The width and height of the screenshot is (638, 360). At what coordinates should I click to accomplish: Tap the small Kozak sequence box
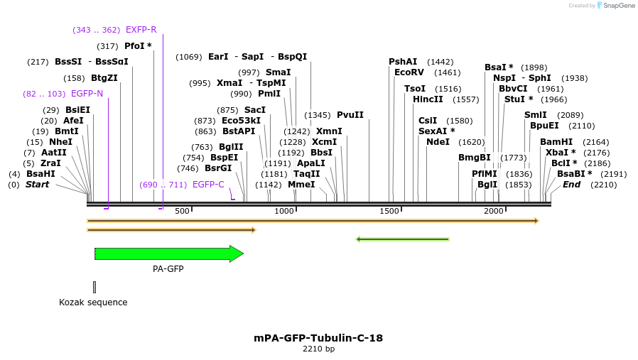[x=94, y=287]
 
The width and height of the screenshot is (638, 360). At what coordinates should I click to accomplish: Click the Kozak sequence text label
[x=93, y=302]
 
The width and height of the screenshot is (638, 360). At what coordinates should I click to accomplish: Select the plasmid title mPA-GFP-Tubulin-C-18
[x=318, y=338]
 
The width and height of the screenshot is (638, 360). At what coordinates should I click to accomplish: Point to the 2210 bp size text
[x=318, y=349]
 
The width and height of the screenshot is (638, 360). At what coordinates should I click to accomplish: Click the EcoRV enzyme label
[x=409, y=72]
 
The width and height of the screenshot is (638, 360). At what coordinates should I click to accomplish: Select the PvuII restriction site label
[x=350, y=115]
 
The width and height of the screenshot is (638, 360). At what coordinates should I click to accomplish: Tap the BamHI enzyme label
[x=556, y=142]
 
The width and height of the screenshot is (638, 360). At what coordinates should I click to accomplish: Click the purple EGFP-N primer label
[x=87, y=93]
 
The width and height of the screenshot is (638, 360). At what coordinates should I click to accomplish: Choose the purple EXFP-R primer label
[x=141, y=30]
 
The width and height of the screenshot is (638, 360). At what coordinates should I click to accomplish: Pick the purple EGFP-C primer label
[x=208, y=185]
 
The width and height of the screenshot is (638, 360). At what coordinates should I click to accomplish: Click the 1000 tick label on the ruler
[x=284, y=211]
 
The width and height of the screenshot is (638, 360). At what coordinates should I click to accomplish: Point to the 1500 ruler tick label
[x=389, y=211]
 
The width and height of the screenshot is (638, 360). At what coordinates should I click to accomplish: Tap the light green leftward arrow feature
[x=402, y=239]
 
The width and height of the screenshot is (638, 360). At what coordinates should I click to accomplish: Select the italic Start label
[x=38, y=185]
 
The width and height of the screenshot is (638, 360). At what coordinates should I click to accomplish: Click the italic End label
[x=571, y=185]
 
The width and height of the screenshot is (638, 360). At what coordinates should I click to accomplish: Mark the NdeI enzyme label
[x=438, y=142]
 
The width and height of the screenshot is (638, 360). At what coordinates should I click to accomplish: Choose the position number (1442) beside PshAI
[x=440, y=62]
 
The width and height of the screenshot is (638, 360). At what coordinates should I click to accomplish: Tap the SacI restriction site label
[x=255, y=110]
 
